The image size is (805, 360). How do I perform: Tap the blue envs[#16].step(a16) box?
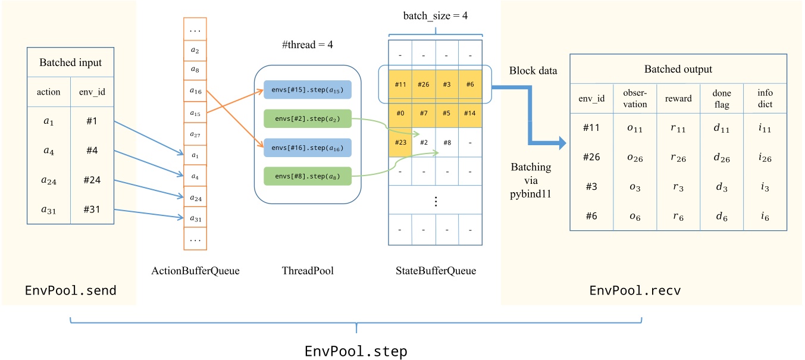point(307,147)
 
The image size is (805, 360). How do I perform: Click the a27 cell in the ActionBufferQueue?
point(195,134)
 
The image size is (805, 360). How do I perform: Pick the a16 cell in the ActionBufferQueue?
point(195,92)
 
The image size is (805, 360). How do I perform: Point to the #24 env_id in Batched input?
point(91,180)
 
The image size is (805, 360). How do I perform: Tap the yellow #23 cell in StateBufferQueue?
point(400,143)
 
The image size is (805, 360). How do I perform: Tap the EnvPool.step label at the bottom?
point(356,350)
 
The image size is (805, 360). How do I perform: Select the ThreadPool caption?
point(307,271)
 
